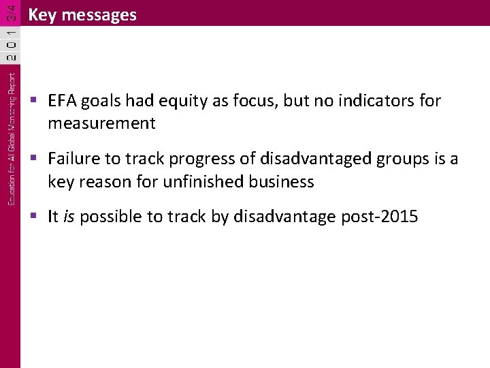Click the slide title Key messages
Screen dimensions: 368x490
click(x=82, y=15)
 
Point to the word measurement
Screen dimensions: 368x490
click(x=101, y=123)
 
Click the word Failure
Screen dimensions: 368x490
click(x=72, y=159)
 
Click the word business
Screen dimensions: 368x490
click(x=282, y=181)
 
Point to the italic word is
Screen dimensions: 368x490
click(x=68, y=217)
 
